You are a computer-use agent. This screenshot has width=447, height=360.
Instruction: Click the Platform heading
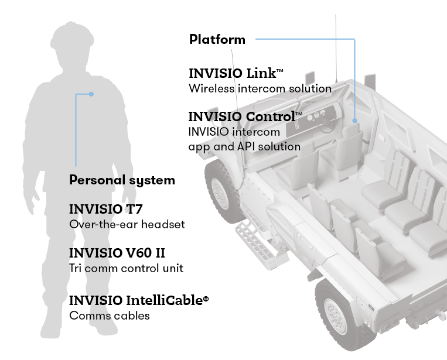[217, 40]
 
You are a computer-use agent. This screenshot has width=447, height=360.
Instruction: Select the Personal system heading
[122, 180]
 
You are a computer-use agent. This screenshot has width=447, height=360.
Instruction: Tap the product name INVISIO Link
[236, 74]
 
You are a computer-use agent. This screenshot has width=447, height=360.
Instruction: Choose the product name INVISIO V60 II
[117, 253]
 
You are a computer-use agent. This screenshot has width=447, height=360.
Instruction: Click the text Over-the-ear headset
[127, 224]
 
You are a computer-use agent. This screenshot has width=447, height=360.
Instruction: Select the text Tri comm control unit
[126, 268]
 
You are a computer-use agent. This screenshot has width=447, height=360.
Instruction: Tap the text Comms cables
[110, 316]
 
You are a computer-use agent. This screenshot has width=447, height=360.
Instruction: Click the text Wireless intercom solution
[260, 88]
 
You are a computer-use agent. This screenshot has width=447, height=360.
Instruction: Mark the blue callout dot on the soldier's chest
[91, 94]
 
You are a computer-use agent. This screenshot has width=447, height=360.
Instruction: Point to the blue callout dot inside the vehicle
[354, 120]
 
